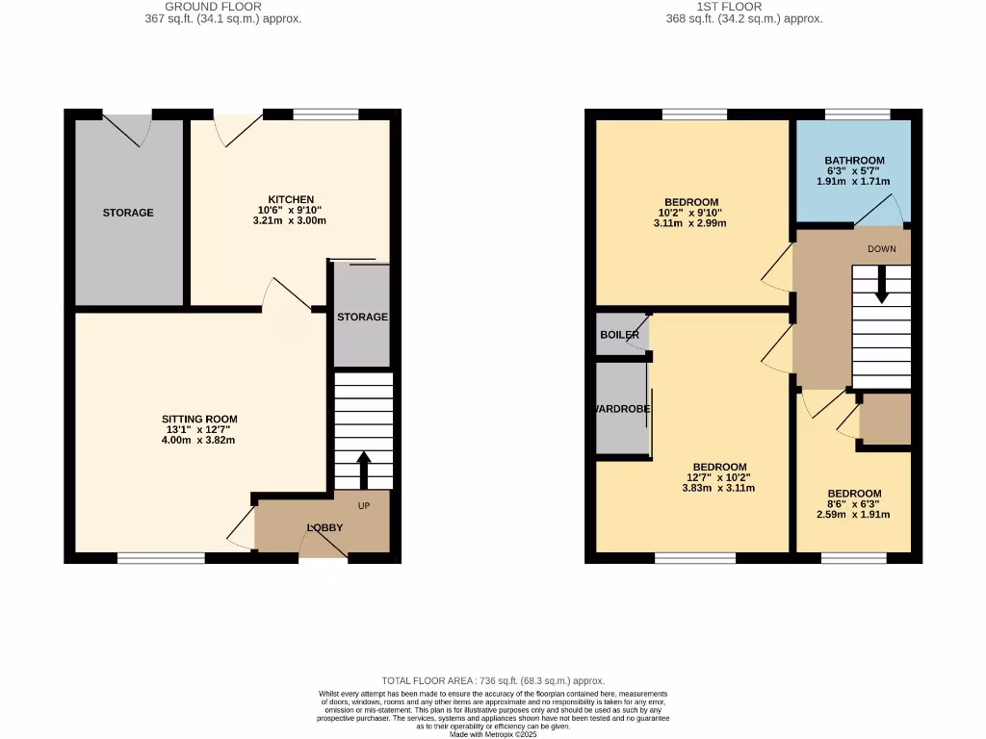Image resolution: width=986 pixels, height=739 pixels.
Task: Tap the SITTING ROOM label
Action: tap(199, 420)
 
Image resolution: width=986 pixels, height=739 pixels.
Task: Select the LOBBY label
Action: tap(324, 528)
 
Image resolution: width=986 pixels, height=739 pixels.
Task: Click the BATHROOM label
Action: tap(854, 161)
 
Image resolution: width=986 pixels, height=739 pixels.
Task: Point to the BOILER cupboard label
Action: tap(619, 335)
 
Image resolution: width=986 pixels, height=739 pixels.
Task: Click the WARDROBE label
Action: tap(622, 409)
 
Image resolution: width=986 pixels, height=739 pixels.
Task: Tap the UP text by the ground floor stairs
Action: tap(364, 505)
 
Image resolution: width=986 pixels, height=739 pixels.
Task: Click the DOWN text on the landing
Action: tap(881, 249)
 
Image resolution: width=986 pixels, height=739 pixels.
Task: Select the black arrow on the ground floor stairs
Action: tap(364, 471)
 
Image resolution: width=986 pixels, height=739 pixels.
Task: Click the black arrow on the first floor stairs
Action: tap(881, 286)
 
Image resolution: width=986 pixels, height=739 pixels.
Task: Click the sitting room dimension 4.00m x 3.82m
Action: tap(199, 440)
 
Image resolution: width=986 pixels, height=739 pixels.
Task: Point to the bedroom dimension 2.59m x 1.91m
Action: tap(854, 515)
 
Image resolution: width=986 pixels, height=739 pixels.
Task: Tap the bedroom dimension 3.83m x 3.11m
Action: tap(720, 488)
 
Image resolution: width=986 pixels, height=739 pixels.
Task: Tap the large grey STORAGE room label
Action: tap(128, 213)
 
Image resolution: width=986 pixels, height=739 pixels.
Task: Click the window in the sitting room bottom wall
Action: tap(161, 558)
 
